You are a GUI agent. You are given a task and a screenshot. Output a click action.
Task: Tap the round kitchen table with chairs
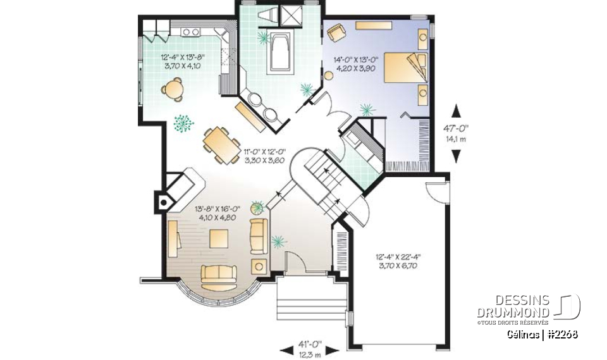point(174,89)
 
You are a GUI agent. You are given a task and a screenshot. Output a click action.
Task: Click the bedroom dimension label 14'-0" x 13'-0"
point(356,65)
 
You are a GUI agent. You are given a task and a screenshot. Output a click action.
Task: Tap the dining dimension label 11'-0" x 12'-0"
point(265,156)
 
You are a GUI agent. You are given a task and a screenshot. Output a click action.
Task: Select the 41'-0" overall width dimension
point(310,348)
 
